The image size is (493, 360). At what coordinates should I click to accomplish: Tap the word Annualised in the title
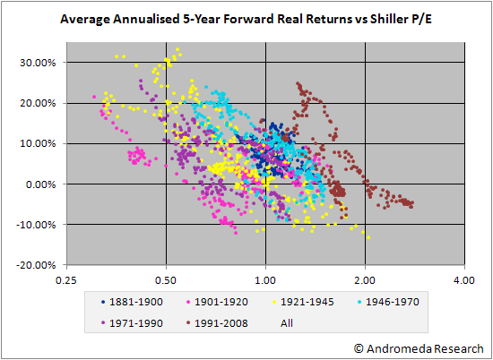tap(147, 19)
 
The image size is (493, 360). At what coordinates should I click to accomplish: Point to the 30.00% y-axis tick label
tap(37, 63)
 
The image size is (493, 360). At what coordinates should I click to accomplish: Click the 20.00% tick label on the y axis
tap(37, 103)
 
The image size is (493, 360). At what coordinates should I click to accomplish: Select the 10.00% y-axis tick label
tap(37, 143)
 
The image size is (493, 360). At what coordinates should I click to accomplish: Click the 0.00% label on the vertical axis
tap(39, 184)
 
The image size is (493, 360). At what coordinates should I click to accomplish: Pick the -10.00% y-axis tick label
tap(36, 225)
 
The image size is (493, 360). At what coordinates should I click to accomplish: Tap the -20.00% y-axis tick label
tap(36, 265)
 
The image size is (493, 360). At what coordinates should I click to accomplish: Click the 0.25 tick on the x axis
tap(66, 280)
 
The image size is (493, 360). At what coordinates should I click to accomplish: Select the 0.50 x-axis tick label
tap(166, 280)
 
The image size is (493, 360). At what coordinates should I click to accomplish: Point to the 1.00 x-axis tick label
tap(265, 280)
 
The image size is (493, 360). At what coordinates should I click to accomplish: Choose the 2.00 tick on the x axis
tap(365, 280)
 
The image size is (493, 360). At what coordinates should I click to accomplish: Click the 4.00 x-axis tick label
tap(464, 280)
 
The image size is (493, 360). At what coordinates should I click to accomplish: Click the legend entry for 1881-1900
tap(132, 302)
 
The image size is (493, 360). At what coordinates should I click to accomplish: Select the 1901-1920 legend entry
tap(217, 302)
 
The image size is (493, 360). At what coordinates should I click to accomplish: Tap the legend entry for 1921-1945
tap(303, 302)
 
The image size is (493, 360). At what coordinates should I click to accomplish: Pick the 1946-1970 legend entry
tap(389, 302)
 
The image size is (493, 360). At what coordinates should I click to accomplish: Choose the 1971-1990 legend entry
tap(132, 323)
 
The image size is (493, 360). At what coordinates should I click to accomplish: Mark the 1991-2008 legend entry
tap(217, 323)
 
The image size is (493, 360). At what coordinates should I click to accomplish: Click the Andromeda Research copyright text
tap(419, 349)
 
